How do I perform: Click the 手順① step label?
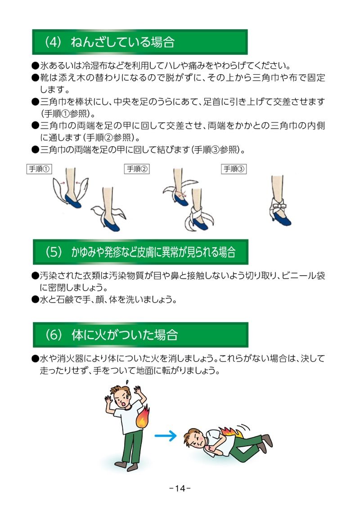[x=39, y=169]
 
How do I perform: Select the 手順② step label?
[x=137, y=169]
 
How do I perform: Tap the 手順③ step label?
[x=234, y=169]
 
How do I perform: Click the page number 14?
[x=180, y=488]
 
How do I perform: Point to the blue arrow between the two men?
[x=165, y=435]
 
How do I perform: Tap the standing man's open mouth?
[x=123, y=403]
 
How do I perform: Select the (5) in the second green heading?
[x=53, y=252]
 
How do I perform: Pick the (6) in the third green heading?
[x=53, y=335]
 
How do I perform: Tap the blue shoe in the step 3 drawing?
[x=283, y=218]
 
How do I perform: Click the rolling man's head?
[x=193, y=438]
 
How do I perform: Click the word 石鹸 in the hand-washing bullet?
[x=65, y=300]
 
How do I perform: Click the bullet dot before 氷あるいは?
[x=35, y=66]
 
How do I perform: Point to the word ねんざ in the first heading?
[x=86, y=42]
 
